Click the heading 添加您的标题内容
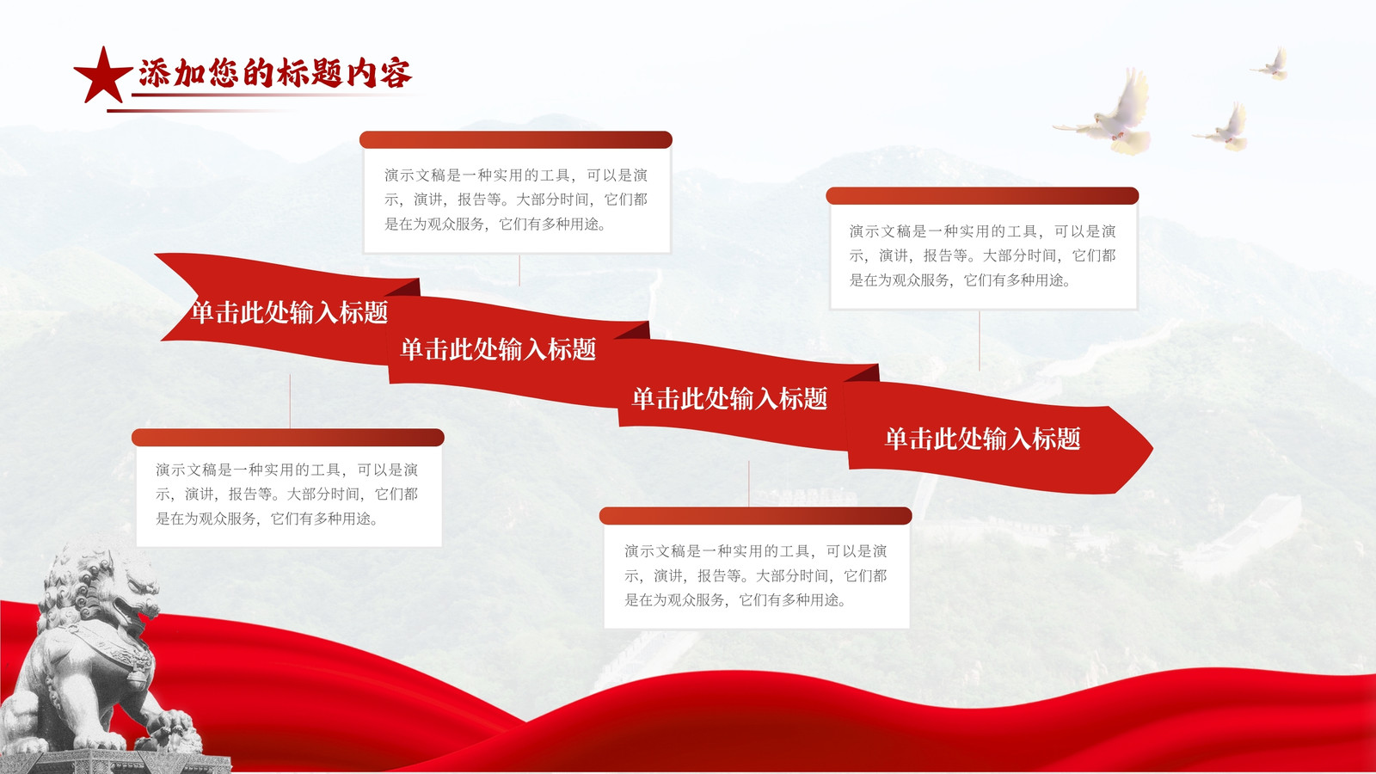pyautogui.click(x=275, y=73)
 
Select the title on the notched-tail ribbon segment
pyautogui.click(x=289, y=312)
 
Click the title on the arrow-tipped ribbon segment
pyautogui.click(x=982, y=439)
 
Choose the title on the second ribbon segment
pyautogui.click(x=498, y=349)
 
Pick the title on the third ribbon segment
pyautogui.click(x=730, y=399)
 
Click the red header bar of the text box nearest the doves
pyautogui.click(x=982, y=196)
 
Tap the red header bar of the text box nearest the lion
pyautogui.click(x=287, y=438)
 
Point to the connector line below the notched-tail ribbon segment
pyautogui.click(x=290, y=401)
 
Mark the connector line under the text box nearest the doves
pyautogui.click(x=980, y=341)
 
